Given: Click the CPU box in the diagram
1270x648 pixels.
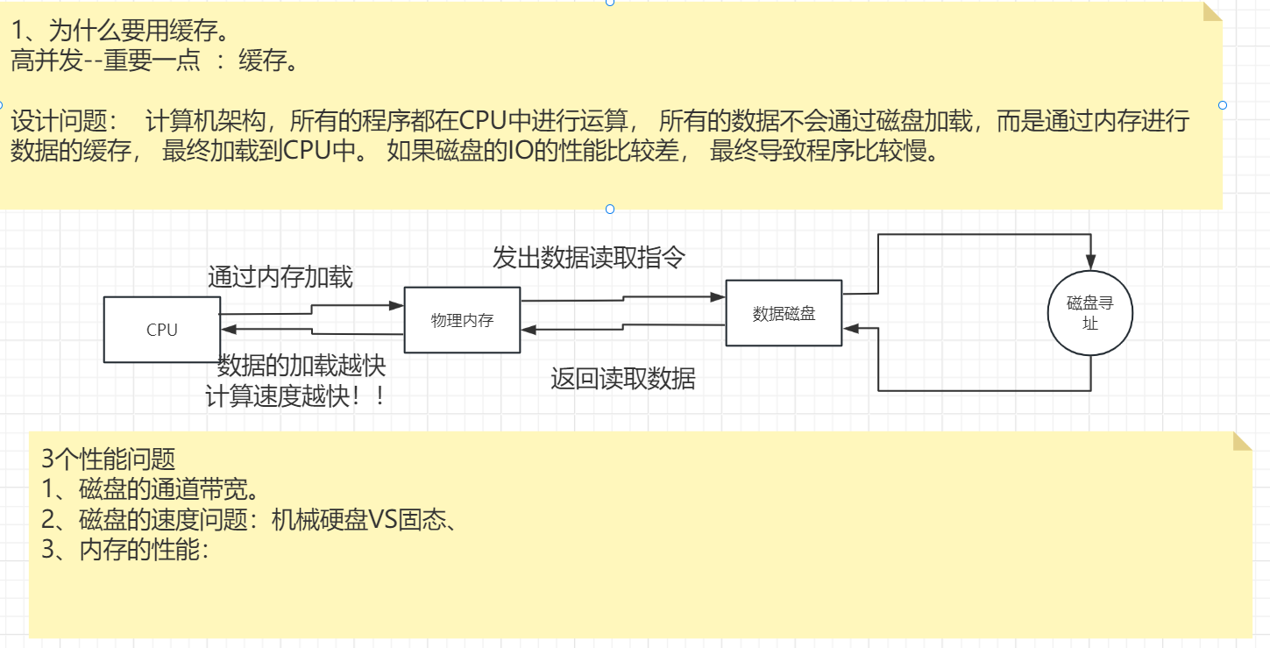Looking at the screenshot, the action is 161,330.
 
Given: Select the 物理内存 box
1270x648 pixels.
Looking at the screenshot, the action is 462,320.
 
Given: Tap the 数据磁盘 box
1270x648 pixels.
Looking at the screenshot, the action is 784,314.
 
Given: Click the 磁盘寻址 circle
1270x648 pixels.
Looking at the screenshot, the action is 1089,313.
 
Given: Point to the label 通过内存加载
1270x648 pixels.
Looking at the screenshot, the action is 280,277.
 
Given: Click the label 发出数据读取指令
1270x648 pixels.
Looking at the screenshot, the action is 588,258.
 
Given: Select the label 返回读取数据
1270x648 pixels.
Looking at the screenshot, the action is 622,379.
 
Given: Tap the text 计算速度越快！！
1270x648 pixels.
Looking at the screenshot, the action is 295,396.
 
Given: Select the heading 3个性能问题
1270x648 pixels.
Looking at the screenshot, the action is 108,459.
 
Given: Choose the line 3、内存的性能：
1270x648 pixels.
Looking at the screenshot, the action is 124,551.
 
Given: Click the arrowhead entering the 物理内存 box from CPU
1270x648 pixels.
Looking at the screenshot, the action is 396,306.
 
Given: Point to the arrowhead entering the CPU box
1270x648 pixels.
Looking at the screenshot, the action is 227,329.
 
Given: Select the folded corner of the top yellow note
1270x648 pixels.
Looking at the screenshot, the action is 1212,12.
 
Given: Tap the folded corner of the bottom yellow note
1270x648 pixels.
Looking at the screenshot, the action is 1242,441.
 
